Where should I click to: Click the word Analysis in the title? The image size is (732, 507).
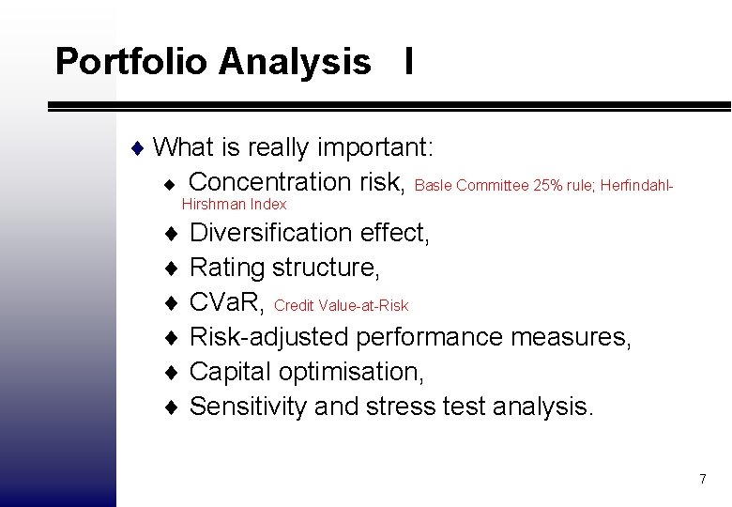[295, 62]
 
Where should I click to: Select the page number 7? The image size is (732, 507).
[702, 480]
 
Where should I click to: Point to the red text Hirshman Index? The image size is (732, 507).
[234, 204]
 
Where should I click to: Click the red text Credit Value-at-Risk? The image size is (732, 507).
[341, 305]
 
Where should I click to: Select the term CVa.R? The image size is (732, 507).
[228, 302]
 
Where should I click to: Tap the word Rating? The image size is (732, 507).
[227, 269]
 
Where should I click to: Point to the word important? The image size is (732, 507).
[375, 147]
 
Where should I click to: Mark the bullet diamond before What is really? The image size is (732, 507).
[138, 147]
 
